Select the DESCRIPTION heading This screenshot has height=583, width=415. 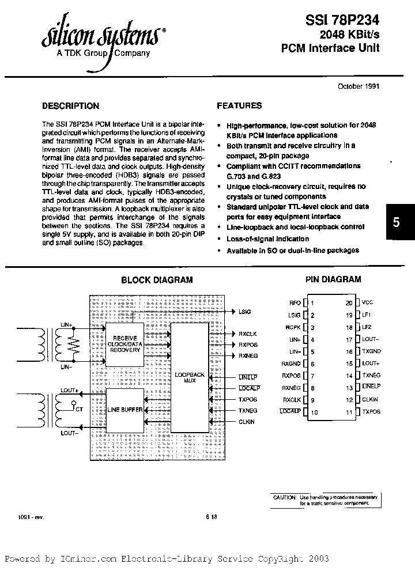(71, 106)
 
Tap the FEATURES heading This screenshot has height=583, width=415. (239, 106)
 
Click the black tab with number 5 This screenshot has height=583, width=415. (396, 222)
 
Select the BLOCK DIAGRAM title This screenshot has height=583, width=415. (157, 280)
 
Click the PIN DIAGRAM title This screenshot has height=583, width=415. (333, 279)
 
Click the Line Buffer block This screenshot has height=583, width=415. (124, 409)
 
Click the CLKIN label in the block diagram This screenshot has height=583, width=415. (247, 422)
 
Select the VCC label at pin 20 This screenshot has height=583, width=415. (368, 302)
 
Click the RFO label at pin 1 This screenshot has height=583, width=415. (295, 302)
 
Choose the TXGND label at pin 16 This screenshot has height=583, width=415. (371, 351)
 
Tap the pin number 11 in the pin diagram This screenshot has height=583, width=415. (349, 412)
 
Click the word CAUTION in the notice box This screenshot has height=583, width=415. (284, 497)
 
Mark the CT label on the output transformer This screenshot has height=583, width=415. (78, 409)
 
